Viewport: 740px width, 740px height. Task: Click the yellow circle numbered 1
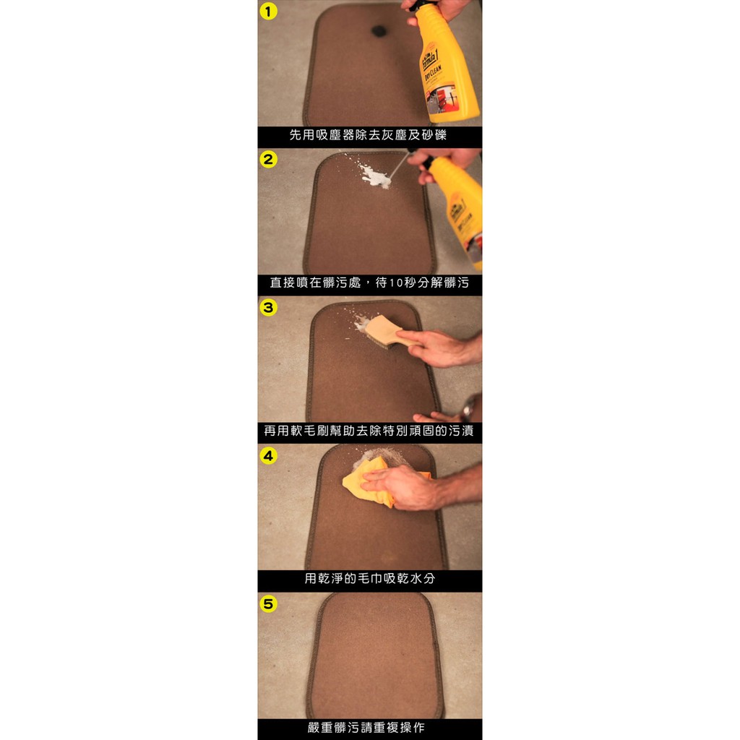268,12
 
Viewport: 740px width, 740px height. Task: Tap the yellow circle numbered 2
268,160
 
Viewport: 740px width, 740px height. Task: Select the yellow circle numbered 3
268,308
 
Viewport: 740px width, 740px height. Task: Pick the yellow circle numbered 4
268,456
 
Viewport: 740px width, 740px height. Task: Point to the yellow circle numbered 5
268,603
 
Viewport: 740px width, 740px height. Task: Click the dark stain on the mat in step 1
379,31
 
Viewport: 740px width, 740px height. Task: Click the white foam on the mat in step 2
374,175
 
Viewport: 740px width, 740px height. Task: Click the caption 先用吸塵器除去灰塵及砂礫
368,135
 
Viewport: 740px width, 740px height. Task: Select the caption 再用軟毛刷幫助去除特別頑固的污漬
369,431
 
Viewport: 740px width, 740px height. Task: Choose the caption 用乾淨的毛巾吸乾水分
369,578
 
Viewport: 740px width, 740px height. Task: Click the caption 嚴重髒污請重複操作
366,727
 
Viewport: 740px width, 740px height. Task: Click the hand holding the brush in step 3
434,348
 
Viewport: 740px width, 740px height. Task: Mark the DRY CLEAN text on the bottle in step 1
434,74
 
